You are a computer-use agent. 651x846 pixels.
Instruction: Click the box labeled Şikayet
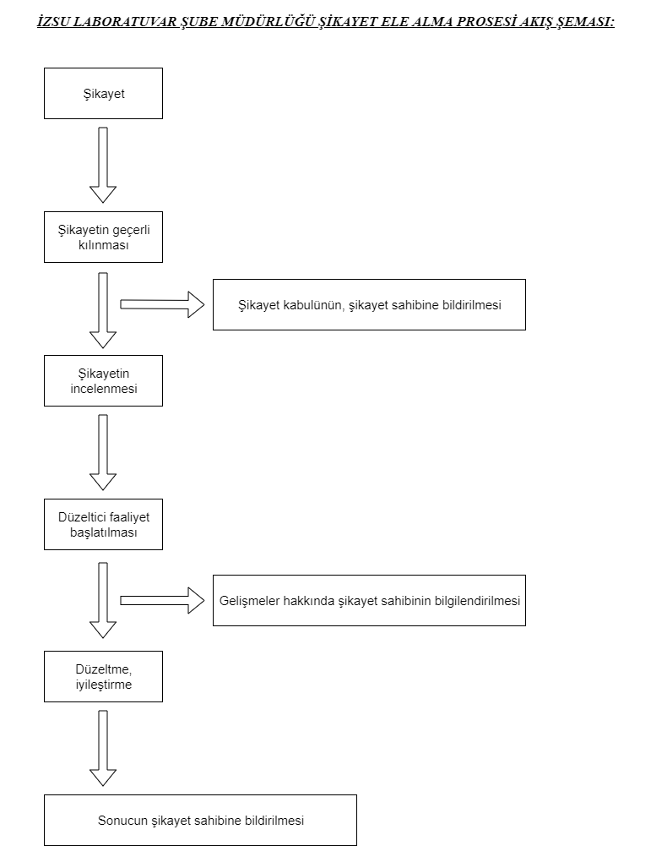104,93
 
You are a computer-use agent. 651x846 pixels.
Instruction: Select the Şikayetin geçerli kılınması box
104,237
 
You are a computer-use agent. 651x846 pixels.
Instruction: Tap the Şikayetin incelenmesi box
104,380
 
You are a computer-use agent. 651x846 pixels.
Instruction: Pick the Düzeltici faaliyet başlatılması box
104,525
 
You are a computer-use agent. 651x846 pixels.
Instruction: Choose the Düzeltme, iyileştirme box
104,677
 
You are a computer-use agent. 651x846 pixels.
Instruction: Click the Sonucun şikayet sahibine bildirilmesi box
200,820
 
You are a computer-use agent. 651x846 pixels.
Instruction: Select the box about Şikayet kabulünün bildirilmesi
369,305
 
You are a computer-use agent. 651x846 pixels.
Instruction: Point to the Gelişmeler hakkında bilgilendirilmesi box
369,601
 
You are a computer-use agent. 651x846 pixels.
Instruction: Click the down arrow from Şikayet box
103,165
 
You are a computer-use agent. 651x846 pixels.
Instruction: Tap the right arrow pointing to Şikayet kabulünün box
162,304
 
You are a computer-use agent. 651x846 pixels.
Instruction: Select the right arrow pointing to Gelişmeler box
162,601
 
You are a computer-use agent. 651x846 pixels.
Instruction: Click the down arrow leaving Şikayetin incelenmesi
103,452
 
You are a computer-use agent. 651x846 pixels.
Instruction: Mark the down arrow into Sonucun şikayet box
103,748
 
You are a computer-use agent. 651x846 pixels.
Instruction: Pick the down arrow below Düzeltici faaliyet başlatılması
103,600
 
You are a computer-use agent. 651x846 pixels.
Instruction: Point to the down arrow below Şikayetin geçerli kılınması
103,310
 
